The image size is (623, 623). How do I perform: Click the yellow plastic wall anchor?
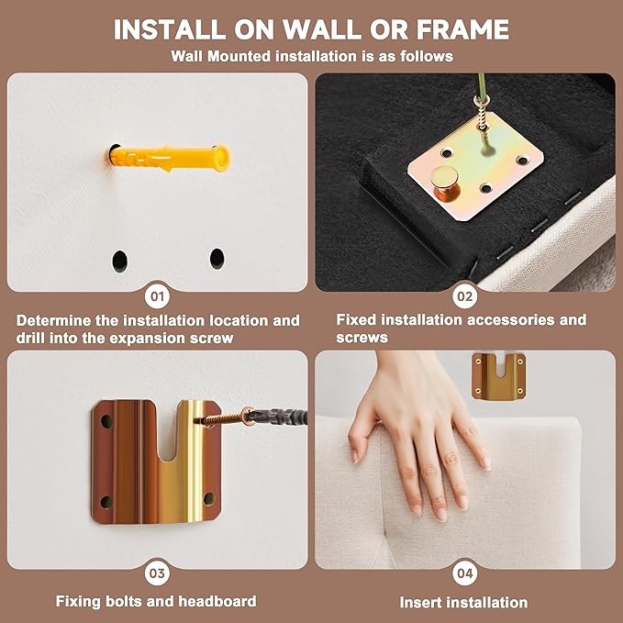pos(169,158)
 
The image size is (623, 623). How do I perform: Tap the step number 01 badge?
pos(157,296)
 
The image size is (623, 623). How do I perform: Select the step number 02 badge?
pos(464,296)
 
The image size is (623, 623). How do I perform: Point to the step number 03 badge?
pos(157,573)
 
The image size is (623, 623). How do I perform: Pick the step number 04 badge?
pos(464,573)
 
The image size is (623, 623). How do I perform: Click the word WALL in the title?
pos(322,29)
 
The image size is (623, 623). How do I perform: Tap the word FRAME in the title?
pos(462,29)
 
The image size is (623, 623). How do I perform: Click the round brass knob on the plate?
pos(445,183)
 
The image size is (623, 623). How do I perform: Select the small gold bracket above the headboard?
pos(498,376)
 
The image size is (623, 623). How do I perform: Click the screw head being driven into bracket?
pos(248,417)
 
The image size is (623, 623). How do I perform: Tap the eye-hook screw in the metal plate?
pos(482,116)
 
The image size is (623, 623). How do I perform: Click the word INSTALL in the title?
pos(170,29)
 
